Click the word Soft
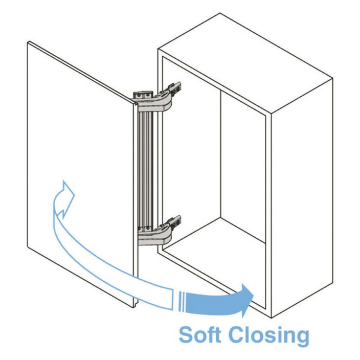[200, 335]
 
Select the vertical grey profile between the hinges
[145, 170]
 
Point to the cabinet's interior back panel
[243, 165]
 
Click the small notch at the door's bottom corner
[136, 304]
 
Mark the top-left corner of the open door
[28, 42]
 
